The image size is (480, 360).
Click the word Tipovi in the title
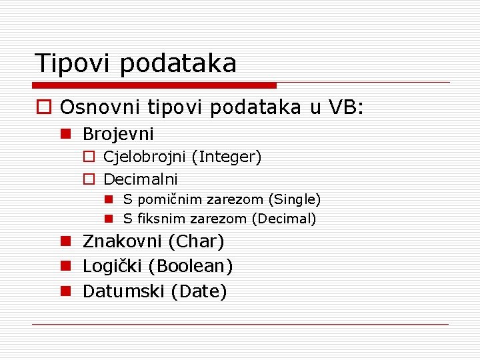(x=74, y=63)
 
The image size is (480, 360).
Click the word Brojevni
(x=118, y=134)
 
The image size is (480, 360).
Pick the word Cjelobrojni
(x=145, y=157)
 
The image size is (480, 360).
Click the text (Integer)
(x=226, y=157)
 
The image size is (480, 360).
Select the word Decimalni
(x=141, y=179)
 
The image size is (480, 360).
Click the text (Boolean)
(x=191, y=266)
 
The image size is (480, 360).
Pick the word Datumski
(x=124, y=291)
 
